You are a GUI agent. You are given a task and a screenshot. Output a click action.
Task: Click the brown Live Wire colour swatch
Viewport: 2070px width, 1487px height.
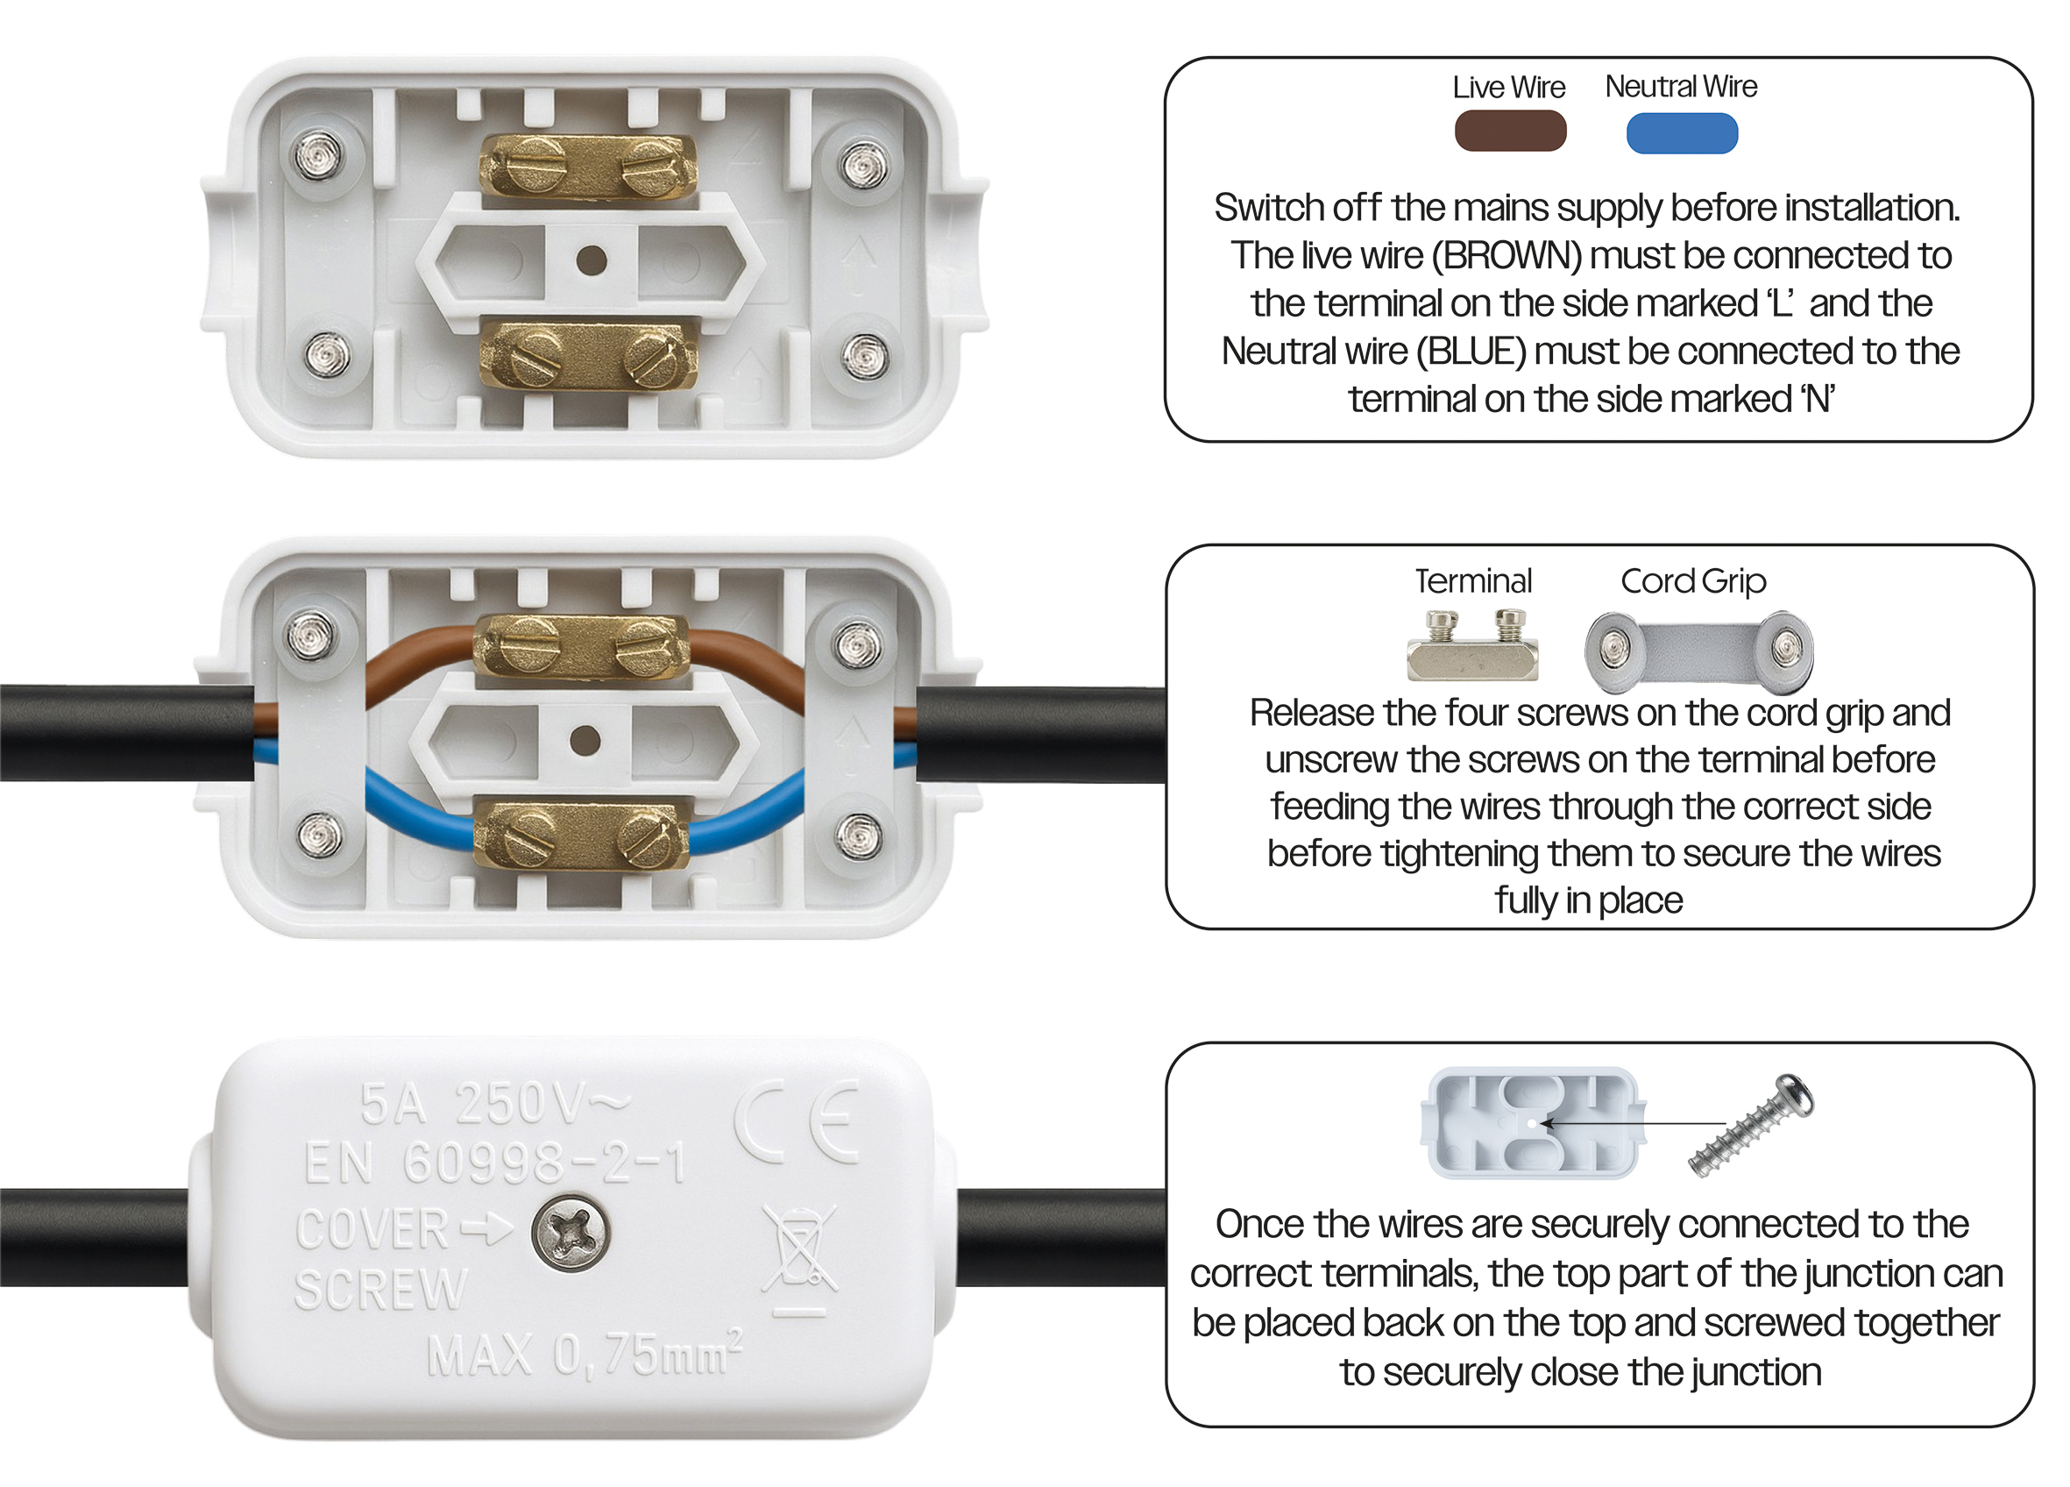(1511, 131)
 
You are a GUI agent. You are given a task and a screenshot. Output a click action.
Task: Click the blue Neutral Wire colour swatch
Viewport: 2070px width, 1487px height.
(1682, 133)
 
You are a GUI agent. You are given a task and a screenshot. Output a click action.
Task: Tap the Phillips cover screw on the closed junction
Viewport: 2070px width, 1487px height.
(571, 1234)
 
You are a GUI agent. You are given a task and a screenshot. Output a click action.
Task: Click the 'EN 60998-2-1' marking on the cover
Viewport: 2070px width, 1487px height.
(496, 1163)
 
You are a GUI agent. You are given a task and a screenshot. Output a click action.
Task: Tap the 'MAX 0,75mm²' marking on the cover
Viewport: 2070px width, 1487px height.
(585, 1353)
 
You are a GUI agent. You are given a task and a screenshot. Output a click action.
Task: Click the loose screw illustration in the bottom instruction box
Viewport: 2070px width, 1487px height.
(1750, 1126)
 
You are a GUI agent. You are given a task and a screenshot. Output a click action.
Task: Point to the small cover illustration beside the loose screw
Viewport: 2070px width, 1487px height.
(1534, 1123)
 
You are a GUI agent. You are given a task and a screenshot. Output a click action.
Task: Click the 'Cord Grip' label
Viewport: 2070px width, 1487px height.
(1693, 581)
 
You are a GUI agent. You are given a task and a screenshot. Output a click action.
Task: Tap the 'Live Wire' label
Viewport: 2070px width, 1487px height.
(1509, 88)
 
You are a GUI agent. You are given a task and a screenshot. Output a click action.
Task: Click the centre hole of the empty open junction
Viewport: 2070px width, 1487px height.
(592, 261)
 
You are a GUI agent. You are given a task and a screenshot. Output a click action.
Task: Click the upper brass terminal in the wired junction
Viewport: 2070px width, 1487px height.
(581, 646)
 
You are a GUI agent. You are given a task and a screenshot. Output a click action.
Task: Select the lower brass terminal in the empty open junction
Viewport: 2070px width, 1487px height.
(589, 356)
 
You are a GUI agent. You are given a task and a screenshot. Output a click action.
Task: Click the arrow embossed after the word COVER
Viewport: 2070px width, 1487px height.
(486, 1228)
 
